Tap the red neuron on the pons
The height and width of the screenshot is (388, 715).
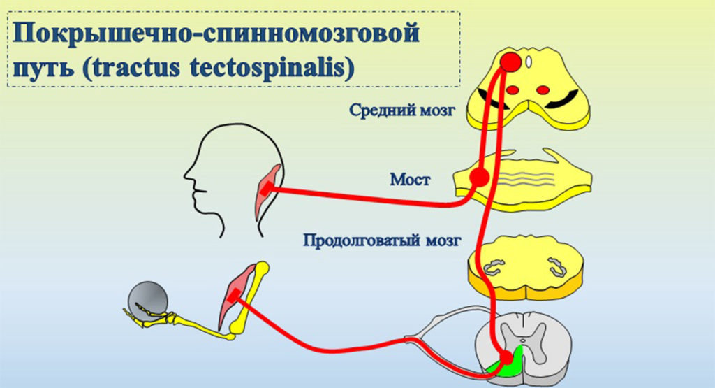pyautogui.click(x=479, y=177)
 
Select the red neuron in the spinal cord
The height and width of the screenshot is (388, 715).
pyautogui.click(x=506, y=359)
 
